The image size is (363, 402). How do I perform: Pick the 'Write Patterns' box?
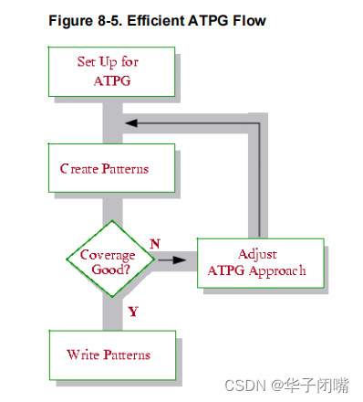pos(109,354)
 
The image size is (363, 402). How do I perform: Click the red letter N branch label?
pos(155,243)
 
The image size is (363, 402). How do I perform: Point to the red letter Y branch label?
pos(133,312)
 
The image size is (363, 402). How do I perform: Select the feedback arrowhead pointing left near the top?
pos(131,122)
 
